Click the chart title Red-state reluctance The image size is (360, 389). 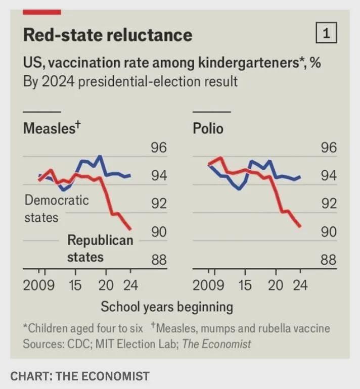coord(108,35)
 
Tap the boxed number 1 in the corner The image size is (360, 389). coord(326,34)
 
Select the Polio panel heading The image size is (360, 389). coord(208,128)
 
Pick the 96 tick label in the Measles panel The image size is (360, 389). coord(158,148)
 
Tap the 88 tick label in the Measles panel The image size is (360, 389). coord(158,260)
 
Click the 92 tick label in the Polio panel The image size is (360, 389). coord(328,204)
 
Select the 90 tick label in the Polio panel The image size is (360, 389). coord(328,232)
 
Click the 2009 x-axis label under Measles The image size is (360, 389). coord(39,285)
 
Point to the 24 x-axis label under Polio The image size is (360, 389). coord(300,285)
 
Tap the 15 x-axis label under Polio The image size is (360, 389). coord(245,285)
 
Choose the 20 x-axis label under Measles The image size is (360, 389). coord(106,285)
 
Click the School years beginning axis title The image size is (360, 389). coord(167,307)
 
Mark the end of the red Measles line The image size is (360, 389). coord(131,229)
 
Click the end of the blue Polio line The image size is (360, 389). coord(300,176)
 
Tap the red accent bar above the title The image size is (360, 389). coord(42,12)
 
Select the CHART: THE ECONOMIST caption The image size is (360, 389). coord(80,376)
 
